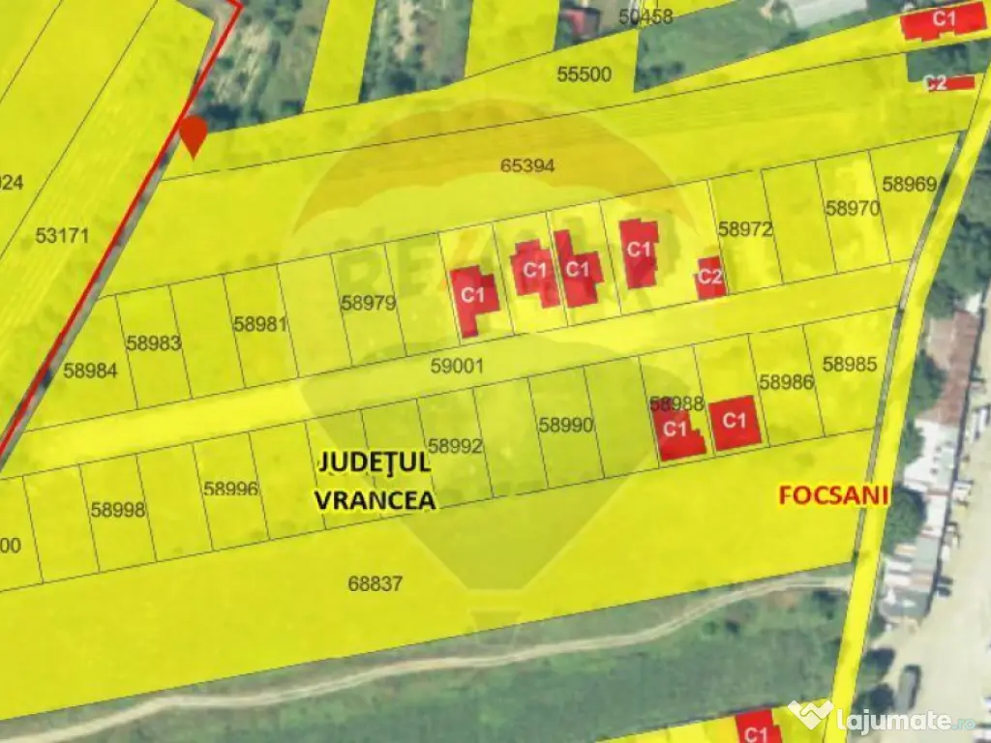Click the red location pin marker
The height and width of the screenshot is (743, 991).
click(195, 135)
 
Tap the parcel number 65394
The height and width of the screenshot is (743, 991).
click(527, 165)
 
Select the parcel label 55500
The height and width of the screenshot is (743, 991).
click(585, 74)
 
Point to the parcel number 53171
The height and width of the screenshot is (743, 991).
click(62, 235)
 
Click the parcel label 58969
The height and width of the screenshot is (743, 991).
click(910, 184)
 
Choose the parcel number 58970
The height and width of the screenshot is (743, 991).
click(853, 208)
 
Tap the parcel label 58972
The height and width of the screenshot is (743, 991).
click(745, 229)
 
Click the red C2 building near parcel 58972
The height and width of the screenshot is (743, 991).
click(710, 278)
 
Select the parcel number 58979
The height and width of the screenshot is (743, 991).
click(369, 303)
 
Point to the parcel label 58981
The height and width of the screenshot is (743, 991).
click(260, 324)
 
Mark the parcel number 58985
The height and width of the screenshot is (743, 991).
click(850, 365)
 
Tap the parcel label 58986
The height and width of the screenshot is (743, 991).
click(786, 382)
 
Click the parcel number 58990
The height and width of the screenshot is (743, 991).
click(566, 424)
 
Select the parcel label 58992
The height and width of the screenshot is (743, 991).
click(455, 446)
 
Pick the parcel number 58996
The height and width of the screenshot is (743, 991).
click(231, 489)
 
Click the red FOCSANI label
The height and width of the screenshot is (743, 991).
click(834, 495)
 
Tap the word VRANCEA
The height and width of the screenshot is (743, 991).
click(375, 500)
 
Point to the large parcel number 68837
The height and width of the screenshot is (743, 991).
click(375, 583)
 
